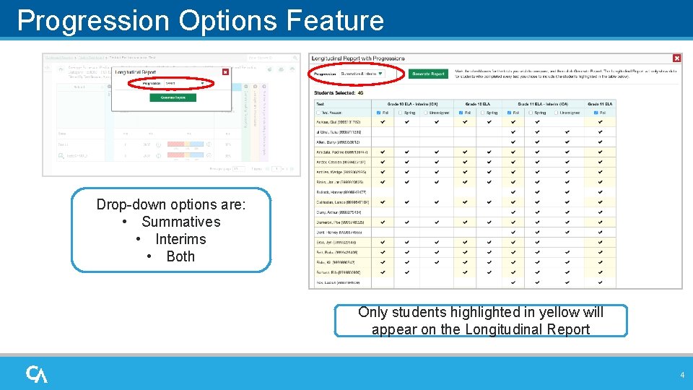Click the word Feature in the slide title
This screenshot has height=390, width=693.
[x=335, y=20]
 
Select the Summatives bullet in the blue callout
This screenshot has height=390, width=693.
[x=180, y=222]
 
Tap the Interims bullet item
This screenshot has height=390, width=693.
[x=180, y=239]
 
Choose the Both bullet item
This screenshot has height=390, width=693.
[x=180, y=256]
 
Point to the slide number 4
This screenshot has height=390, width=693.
[x=681, y=375]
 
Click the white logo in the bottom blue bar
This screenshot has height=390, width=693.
[x=37, y=374]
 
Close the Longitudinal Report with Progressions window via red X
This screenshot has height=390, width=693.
[x=676, y=58]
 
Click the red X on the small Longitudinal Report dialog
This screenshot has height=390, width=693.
[x=225, y=72]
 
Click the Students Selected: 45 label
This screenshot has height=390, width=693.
[x=339, y=92]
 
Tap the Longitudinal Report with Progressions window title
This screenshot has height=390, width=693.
[x=358, y=58]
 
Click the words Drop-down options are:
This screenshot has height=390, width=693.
[x=171, y=204]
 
